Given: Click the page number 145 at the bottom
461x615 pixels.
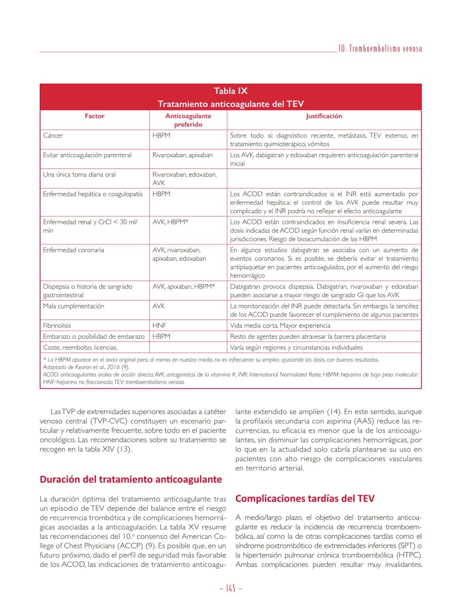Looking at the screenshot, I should [x=230, y=588].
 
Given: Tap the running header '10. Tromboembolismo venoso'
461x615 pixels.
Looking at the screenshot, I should [x=380, y=49].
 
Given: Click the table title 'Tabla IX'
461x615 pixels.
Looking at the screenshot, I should [x=230, y=91].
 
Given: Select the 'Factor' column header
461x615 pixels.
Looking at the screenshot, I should [x=95, y=116].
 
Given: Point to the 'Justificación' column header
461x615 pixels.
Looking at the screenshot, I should [x=324, y=116].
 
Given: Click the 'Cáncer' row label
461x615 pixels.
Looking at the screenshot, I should [x=53, y=135].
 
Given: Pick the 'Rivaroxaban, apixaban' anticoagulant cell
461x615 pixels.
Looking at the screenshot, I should [x=183, y=155].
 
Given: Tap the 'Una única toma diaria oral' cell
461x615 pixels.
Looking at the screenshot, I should [x=79, y=174].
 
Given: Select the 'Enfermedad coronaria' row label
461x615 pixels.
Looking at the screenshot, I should [x=74, y=250].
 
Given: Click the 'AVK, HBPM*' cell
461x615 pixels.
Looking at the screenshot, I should [x=170, y=222].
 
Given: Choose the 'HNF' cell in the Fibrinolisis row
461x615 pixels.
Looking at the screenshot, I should [x=159, y=326].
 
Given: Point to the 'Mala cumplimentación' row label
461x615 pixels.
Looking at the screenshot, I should [x=74, y=306].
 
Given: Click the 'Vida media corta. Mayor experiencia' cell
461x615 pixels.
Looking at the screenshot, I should [x=280, y=326].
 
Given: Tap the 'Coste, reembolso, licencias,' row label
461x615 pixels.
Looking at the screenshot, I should [x=80, y=348].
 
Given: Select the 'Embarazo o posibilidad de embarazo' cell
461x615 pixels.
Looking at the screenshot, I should [x=94, y=337].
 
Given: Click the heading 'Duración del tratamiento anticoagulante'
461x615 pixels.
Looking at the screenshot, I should [x=131, y=480].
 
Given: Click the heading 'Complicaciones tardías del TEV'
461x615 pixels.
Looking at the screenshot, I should [x=305, y=499].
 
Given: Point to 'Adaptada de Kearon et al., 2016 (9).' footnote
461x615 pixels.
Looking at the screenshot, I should [x=86, y=367].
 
